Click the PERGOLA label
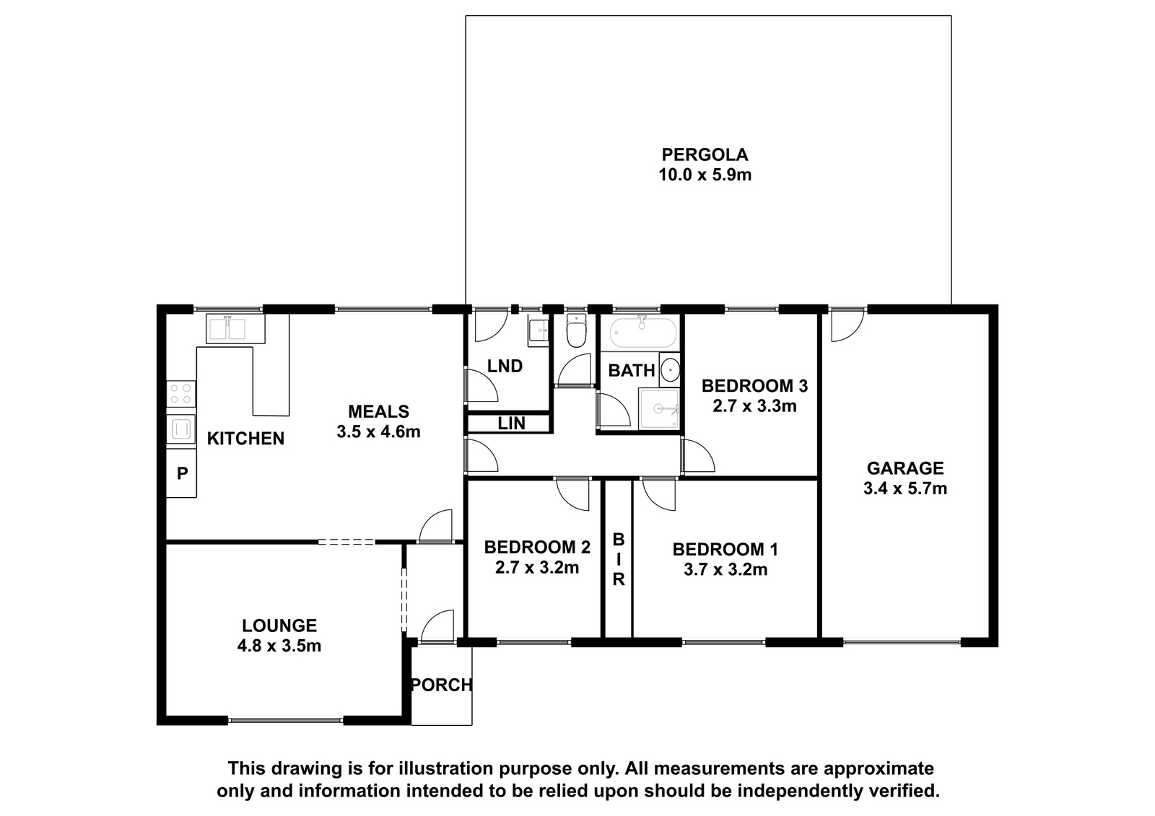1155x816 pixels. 705,154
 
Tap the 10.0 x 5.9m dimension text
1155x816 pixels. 705,175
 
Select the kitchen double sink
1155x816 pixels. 235,328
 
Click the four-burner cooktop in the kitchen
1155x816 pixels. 181,394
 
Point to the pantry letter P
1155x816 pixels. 182,473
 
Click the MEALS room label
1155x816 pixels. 378,411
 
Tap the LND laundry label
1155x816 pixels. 505,366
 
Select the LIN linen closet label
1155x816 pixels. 512,424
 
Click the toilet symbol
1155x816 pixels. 576,330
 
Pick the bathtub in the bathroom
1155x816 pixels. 642,333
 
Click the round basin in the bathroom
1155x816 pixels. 670,369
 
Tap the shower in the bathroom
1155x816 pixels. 659,409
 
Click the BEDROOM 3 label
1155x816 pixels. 754,385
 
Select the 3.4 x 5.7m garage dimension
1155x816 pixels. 905,488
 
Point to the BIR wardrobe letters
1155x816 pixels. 618,559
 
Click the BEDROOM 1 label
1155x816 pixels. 725,550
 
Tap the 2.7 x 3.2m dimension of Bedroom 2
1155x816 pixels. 537,568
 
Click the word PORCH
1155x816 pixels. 441,685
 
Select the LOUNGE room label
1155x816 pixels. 279,626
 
